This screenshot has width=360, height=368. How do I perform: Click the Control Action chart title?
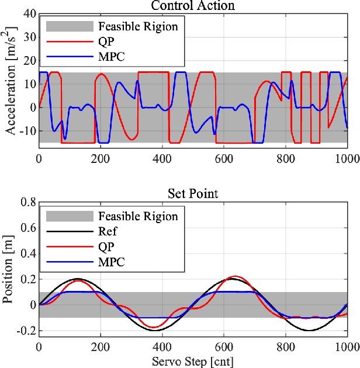click(193, 6)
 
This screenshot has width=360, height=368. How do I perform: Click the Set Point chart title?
click(193, 194)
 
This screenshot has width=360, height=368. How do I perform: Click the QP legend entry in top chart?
click(106, 41)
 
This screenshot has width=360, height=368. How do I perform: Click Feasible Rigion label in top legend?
click(138, 26)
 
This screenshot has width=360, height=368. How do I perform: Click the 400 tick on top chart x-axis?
click(162, 158)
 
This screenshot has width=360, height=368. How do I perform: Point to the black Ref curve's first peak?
click(77, 279)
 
